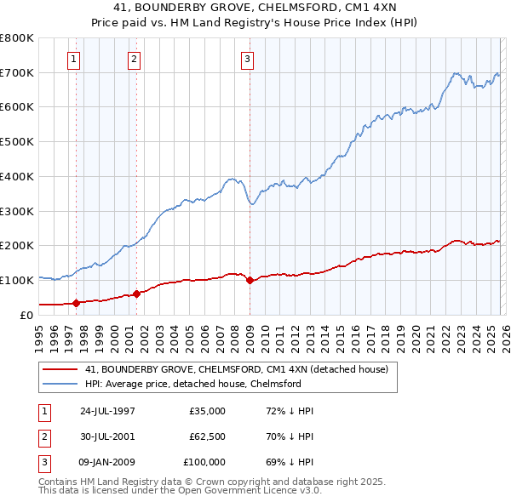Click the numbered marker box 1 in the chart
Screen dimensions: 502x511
tap(74, 60)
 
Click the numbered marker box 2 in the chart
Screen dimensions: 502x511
tap(135, 60)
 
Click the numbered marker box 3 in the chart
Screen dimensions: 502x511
tap(247, 60)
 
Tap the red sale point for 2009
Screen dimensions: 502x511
tap(250, 280)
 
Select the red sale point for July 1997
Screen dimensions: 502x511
tap(77, 302)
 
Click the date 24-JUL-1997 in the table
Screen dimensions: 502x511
tap(107, 411)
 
